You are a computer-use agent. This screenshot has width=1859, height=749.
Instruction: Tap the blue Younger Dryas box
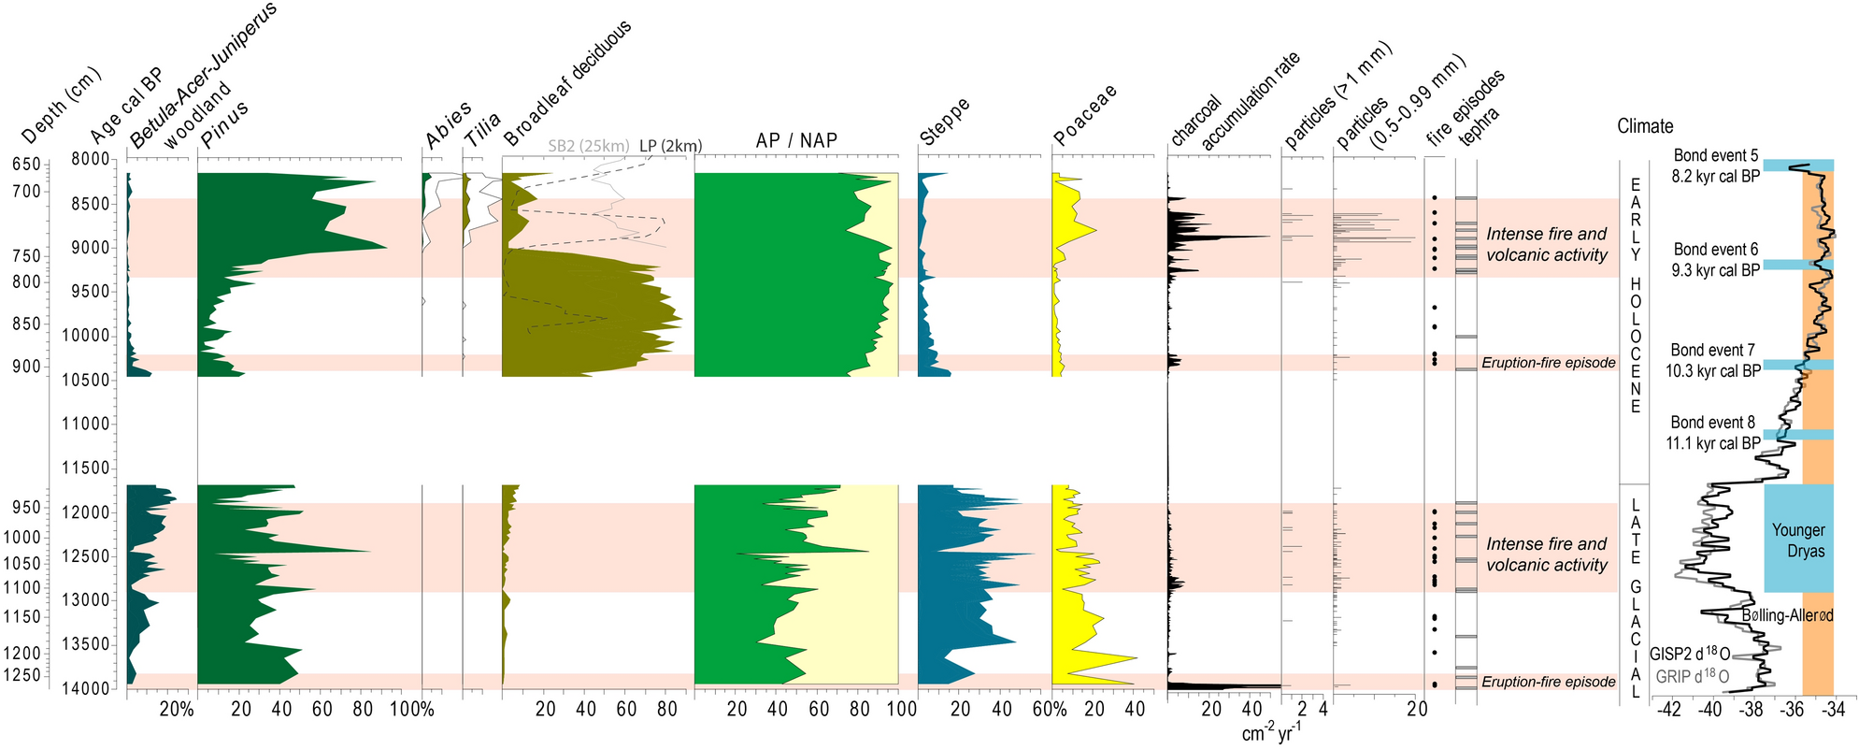[1798, 540]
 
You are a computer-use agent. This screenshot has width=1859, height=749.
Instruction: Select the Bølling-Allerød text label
[1787, 615]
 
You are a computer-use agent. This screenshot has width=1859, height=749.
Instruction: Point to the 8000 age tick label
[90, 159]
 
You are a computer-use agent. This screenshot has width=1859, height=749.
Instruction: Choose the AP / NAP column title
[795, 141]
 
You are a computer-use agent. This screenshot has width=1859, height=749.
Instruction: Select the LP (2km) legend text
[670, 146]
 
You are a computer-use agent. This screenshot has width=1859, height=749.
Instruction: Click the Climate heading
[1645, 126]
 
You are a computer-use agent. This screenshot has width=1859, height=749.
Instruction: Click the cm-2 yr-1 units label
[1271, 734]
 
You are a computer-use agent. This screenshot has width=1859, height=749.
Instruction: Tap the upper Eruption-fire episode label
[1548, 363]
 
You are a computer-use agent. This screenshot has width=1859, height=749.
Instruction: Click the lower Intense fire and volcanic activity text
[1547, 555]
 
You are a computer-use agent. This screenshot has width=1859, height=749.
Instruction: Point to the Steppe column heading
[944, 122]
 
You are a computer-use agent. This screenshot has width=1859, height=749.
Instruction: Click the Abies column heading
[448, 126]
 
